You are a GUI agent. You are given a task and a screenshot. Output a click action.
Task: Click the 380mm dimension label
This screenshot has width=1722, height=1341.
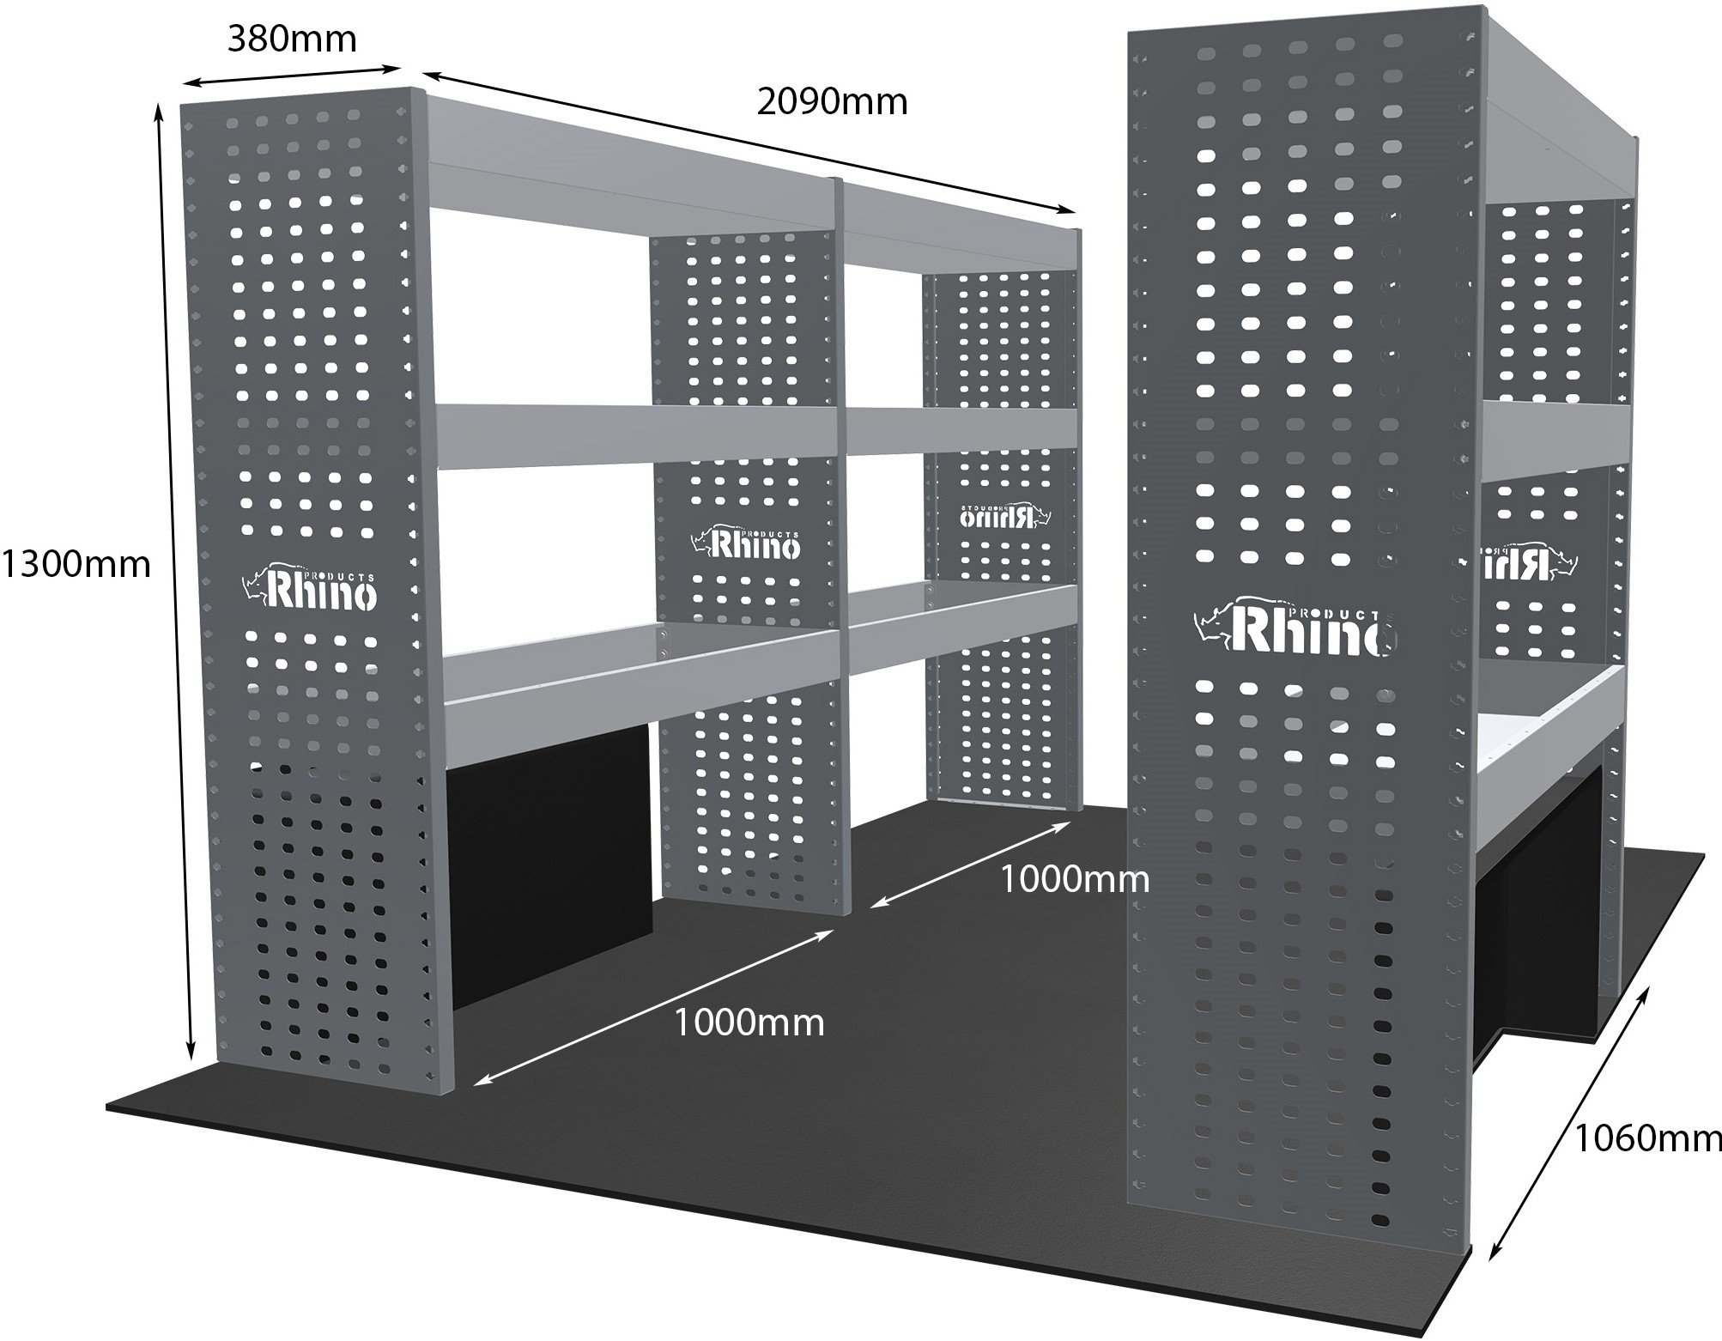point(291,39)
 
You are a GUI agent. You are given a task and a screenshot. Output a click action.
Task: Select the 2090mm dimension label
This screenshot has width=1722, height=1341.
point(831,102)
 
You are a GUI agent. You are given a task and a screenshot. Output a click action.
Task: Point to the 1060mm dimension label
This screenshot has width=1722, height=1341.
point(1646,1138)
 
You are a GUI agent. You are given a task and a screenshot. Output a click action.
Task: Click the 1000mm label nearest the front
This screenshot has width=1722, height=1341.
point(749,1022)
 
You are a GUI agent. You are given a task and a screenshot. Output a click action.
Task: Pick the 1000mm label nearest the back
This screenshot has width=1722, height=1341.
point(1074,879)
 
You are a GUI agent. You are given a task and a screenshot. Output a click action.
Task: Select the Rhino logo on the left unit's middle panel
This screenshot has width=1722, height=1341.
point(745,542)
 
